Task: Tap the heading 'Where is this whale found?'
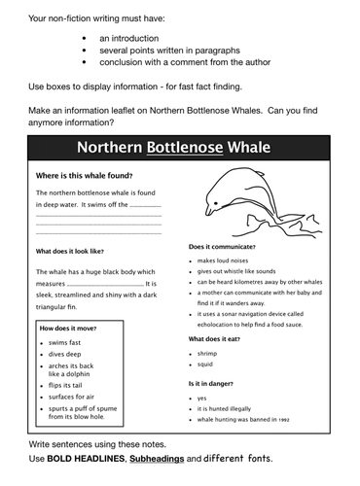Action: click(x=84, y=176)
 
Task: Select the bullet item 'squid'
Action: click(x=206, y=365)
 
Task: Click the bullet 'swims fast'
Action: click(x=65, y=343)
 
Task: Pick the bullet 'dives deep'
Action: click(x=65, y=355)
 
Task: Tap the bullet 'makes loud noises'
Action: click(x=228, y=261)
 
